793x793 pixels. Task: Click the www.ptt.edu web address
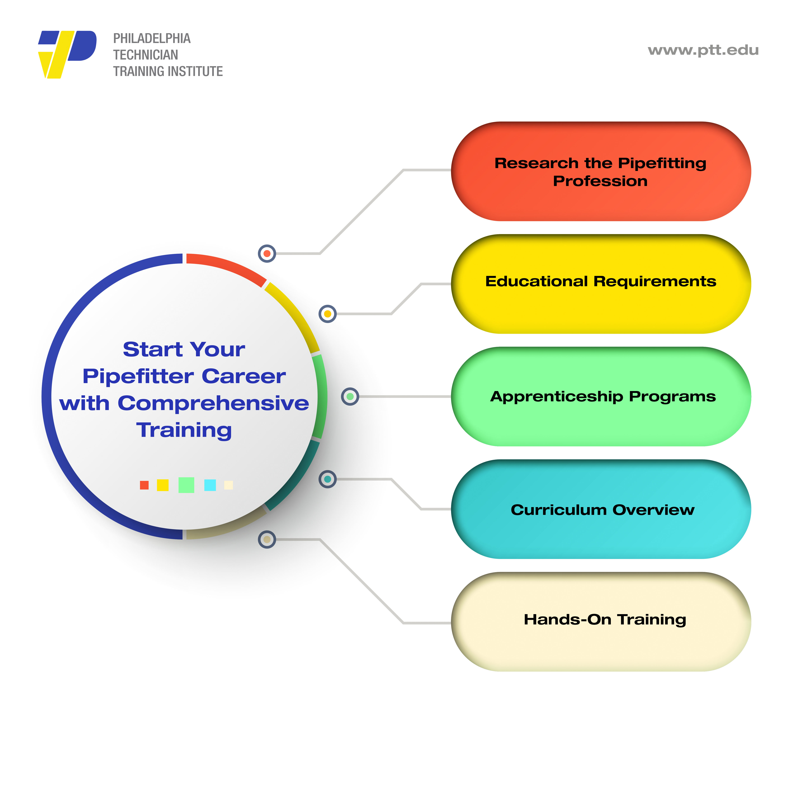coord(703,50)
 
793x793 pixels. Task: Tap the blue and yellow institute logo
coord(67,55)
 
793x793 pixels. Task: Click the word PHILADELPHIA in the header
coord(152,39)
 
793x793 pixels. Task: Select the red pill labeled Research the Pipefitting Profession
coord(601,171)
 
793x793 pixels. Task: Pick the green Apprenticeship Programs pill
coord(601,396)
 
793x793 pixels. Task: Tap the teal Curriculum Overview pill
coord(601,509)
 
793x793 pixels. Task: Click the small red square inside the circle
coord(144,485)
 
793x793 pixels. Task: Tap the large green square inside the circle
coord(186,485)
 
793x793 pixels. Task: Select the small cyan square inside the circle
coord(210,485)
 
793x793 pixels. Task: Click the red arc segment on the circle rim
coord(228,266)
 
